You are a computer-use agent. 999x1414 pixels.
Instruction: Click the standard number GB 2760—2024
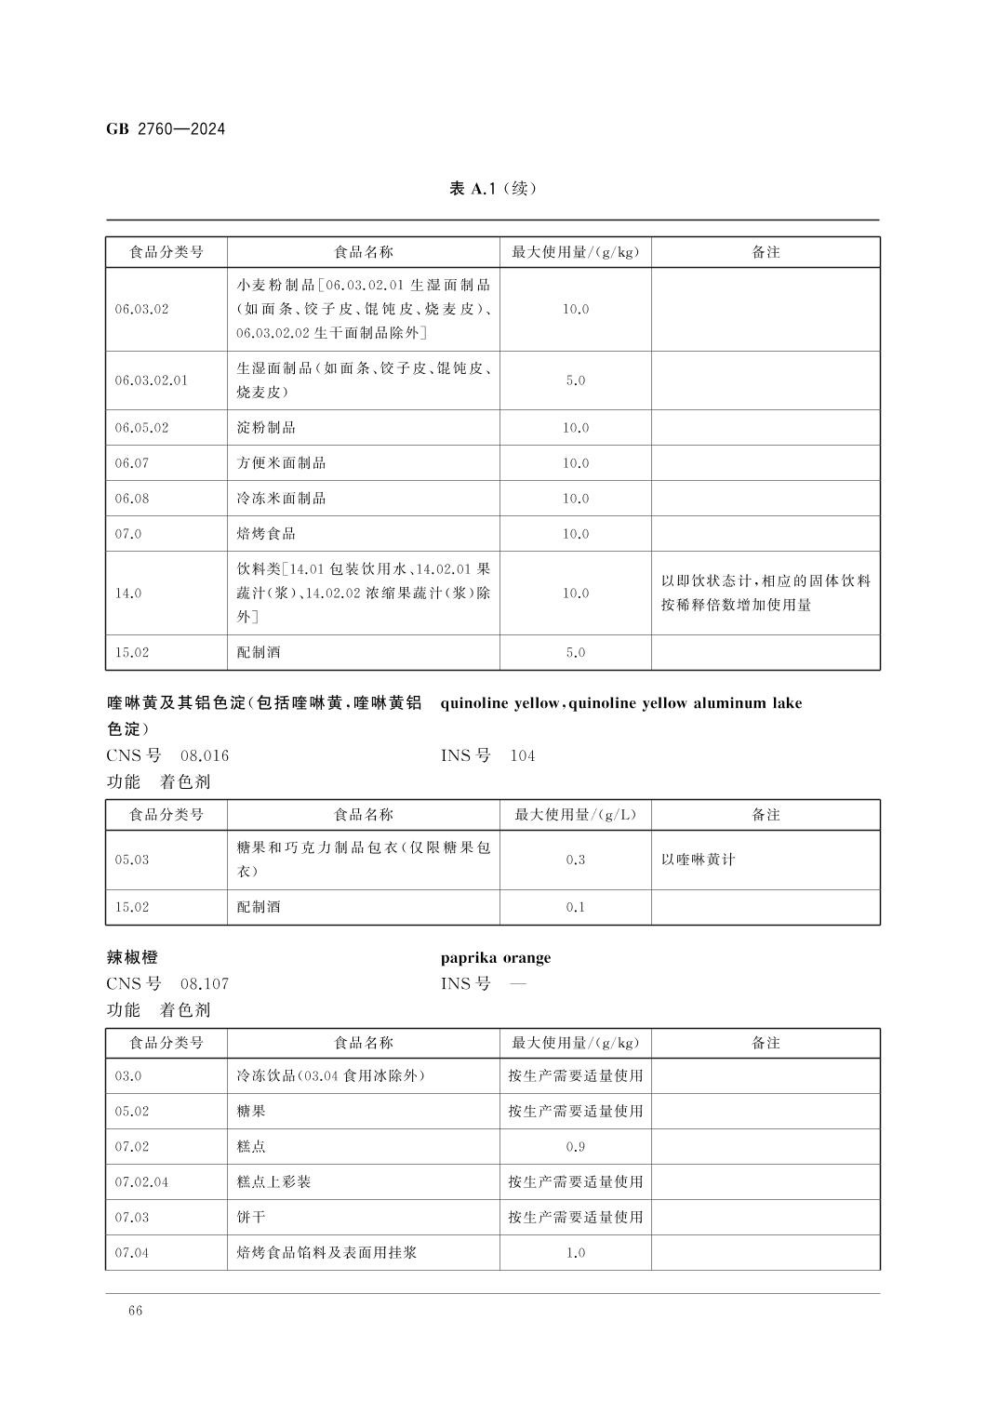coord(166,129)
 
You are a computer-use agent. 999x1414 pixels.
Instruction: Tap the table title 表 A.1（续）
coord(493,189)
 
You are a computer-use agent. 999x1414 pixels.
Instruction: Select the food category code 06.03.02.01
coord(151,380)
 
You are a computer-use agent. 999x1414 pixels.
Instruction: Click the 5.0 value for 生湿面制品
coord(575,380)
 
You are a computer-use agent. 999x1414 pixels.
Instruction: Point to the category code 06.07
coord(131,463)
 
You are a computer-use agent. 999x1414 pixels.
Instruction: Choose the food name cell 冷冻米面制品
coord(281,499)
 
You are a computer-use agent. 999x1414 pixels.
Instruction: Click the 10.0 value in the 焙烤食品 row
coord(575,534)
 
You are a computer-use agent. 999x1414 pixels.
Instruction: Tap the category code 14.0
coord(127,594)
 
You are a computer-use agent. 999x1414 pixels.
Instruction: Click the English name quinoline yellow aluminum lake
coord(620,703)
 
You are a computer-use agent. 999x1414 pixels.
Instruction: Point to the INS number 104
coord(523,755)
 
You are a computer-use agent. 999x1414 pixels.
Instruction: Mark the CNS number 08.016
coord(205,755)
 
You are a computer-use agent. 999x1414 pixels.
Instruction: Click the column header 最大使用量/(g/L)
coord(575,815)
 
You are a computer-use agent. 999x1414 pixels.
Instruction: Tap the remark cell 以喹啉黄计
coord(698,860)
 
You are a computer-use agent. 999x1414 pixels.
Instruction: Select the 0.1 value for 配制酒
coord(575,907)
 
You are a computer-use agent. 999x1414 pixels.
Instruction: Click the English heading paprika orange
coord(495,958)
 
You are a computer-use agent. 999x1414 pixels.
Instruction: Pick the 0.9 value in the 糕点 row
coord(575,1147)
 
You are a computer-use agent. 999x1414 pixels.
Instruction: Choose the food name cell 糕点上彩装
coord(273,1182)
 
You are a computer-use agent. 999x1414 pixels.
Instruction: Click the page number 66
coord(136,1311)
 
